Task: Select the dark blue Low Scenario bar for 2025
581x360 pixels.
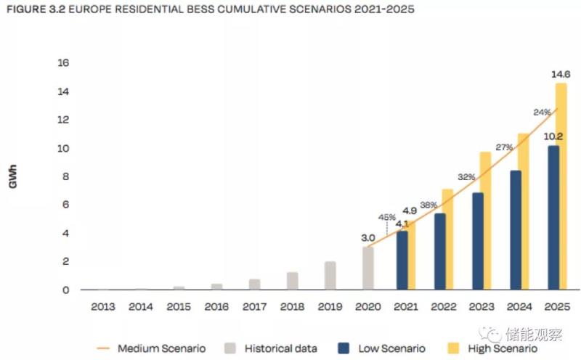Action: point(553,218)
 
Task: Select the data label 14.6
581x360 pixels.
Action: point(561,74)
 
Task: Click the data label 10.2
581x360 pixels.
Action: point(553,136)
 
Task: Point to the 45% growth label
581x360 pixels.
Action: point(386,217)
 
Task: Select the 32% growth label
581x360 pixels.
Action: point(466,176)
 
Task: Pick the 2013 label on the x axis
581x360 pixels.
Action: point(103,306)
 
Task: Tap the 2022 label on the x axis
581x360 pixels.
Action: point(443,306)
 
